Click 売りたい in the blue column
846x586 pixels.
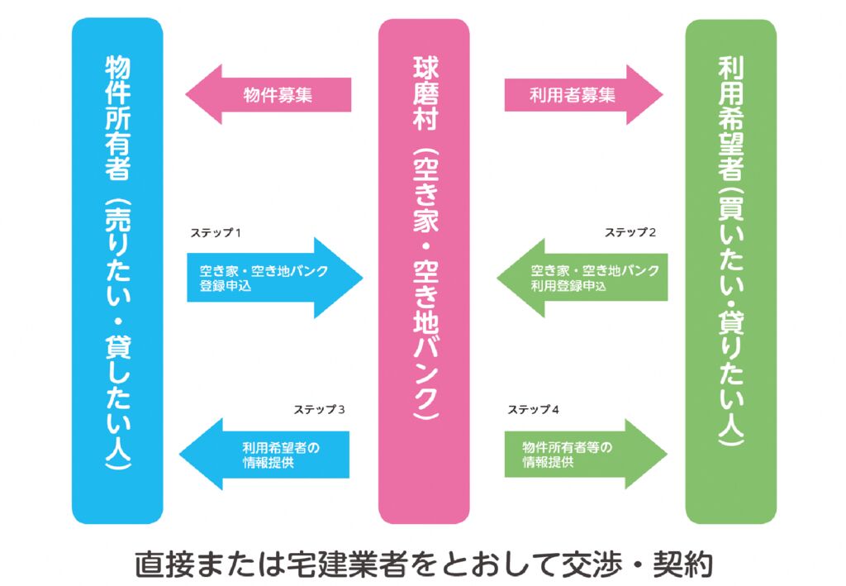point(117,248)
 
